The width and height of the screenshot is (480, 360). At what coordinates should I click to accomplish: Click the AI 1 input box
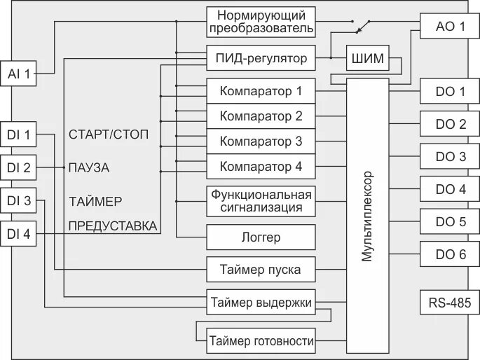coord(19,73)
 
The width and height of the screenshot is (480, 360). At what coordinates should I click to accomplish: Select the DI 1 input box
coord(19,134)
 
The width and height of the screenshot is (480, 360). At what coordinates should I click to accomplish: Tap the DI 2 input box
coord(19,167)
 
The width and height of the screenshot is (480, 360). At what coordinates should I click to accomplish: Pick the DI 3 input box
coord(19,201)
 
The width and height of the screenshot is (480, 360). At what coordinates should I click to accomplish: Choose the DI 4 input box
coord(19,235)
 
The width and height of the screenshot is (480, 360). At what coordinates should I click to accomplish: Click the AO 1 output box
coord(450,27)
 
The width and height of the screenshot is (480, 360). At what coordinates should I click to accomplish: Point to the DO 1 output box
coord(450,91)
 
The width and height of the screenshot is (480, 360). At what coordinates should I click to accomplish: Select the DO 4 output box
coord(450,189)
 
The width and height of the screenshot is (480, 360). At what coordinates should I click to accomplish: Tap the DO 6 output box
coord(450,254)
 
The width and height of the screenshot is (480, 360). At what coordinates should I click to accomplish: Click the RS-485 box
coord(450,304)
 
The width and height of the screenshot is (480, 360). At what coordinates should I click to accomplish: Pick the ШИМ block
coord(367,59)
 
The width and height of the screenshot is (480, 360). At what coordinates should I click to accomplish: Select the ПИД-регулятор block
coord(261,58)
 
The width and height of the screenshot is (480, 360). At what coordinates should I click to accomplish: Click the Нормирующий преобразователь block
coord(261,22)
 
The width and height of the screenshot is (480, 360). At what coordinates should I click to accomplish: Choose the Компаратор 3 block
coord(261,141)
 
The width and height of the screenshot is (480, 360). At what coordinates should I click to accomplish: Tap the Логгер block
coord(261,237)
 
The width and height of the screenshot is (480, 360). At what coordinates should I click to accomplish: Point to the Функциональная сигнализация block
coord(261,200)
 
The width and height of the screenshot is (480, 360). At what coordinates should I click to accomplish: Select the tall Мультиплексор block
coord(367,216)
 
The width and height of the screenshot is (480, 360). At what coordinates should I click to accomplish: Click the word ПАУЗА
coord(89,168)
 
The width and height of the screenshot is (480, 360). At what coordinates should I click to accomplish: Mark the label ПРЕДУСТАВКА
coord(112,226)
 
